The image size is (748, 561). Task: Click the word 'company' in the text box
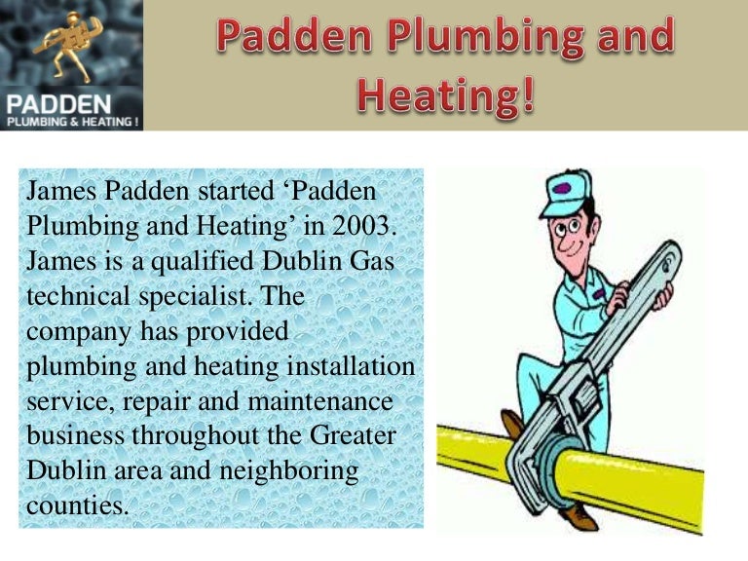(80, 331)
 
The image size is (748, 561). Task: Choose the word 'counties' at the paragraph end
(77, 505)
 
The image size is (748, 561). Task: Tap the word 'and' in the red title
(632, 37)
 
